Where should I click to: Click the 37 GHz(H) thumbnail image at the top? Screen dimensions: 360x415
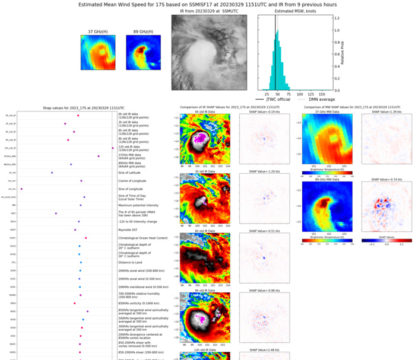click(99, 53)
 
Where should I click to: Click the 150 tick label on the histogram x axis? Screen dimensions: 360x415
click(322, 94)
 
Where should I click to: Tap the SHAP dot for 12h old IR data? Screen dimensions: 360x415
click(113, 148)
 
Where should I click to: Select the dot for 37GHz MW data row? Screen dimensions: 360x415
click(99, 156)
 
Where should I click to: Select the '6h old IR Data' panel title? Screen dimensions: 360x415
click(204, 231)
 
